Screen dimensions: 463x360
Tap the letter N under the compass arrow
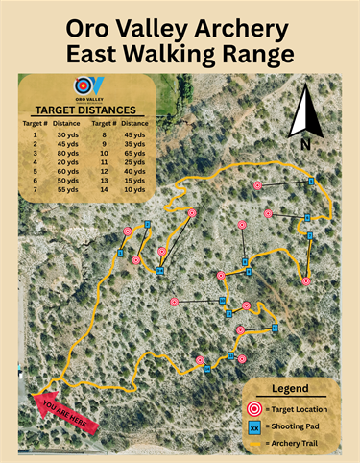click(305, 145)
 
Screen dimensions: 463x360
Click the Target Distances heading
click(84, 110)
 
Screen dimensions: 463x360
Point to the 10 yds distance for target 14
click(133, 190)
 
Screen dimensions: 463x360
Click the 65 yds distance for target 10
click(133, 152)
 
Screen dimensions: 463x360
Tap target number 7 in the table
click(35, 190)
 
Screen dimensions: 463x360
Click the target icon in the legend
click(253, 410)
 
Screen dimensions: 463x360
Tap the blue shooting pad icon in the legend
click(253, 426)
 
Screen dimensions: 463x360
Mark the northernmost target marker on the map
click(257, 185)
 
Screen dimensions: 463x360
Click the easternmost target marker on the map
click(306, 281)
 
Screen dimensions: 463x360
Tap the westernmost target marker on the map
click(128, 231)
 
